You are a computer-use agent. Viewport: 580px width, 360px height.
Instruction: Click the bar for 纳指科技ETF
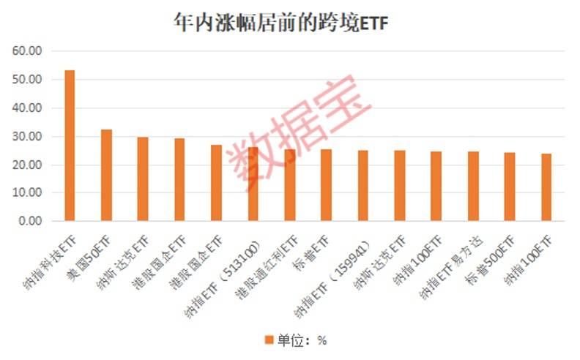click(70, 146)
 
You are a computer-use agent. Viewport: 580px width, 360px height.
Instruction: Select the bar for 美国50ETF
click(106, 175)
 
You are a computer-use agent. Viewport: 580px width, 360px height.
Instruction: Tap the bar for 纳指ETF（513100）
click(253, 184)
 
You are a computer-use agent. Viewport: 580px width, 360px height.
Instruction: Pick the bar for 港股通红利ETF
click(290, 185)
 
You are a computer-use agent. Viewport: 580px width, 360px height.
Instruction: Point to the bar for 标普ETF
click(327, 185)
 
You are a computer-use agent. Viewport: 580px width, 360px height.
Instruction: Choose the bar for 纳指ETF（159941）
click(363, 186)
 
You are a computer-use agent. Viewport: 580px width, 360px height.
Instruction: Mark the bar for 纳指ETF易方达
click(473, 187)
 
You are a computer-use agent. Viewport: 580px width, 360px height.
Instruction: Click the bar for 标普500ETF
click(510, 187)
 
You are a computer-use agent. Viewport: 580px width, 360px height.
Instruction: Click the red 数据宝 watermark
click(300, 132)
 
